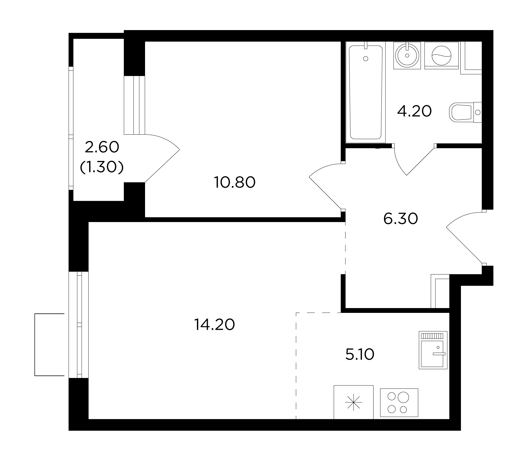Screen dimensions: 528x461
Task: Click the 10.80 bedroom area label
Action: point(235,182)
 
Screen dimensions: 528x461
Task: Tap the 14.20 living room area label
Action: point(215,325)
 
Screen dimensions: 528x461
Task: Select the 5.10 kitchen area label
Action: point(360,355)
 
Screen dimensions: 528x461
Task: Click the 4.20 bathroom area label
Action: point(414,111)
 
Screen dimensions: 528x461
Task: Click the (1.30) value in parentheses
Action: point(102,167)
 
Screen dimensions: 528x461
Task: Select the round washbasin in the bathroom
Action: point(407,55)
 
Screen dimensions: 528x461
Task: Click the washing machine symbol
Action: point(441,55)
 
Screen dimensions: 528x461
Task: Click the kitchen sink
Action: point(433,350)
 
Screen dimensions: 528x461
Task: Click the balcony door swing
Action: point(162,158)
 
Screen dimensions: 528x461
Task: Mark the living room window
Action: point(79,325)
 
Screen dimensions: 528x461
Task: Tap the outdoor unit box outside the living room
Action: point(49,345)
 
